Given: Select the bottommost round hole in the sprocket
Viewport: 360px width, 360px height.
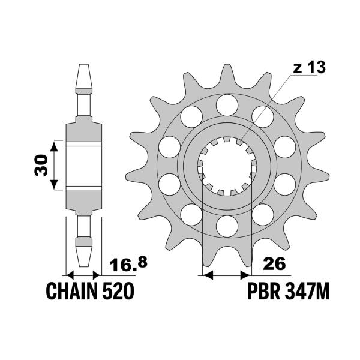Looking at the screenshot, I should point(227,226).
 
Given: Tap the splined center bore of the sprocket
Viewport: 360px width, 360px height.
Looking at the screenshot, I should point(227,165).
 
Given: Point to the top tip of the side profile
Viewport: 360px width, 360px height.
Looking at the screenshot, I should point(83,67).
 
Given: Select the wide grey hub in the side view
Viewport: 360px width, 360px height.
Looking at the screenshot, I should point(83,166).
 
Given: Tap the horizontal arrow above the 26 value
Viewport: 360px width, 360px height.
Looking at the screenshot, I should point(227,275).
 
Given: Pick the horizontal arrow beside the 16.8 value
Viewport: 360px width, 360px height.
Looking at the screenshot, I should point(83,275).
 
